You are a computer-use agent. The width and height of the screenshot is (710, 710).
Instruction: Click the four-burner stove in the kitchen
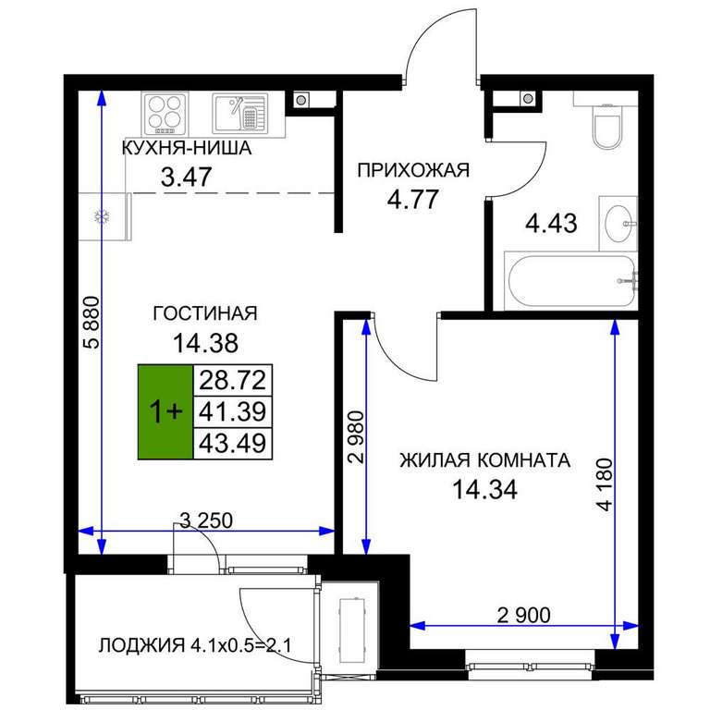165,114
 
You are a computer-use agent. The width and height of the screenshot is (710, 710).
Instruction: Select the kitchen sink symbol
240,113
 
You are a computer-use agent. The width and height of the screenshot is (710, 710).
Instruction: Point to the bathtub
572,281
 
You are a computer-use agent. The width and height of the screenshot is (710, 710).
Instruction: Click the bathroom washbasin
618,224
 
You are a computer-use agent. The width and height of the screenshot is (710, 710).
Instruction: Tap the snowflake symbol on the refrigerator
100,216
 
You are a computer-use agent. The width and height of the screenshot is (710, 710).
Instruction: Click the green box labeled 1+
165,411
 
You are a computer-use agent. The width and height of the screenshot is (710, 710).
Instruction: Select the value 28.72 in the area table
233,380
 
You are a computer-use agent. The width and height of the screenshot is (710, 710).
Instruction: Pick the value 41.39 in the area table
233,411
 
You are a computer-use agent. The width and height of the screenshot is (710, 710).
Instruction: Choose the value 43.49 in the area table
233,443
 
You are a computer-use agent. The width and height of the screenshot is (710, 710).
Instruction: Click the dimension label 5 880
92,322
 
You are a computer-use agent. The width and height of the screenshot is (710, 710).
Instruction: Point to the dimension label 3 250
206,520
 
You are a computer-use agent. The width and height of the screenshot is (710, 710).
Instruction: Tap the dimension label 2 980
356,437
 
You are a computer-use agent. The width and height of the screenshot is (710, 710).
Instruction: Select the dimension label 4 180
605,485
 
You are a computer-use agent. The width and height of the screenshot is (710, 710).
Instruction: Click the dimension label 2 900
524,615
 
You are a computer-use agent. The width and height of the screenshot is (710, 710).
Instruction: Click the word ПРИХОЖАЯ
413,171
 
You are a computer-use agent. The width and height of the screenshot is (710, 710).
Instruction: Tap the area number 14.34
485,489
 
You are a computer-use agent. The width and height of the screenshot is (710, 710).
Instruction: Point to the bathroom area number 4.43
551,223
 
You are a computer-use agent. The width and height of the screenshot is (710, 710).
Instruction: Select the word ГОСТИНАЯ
205,313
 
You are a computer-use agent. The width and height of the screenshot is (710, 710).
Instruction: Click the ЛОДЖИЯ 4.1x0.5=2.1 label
195,644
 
